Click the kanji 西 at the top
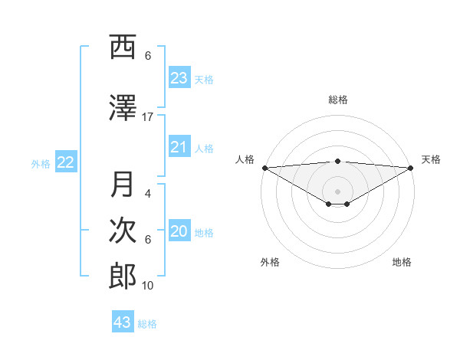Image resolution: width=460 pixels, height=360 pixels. click(123, 47)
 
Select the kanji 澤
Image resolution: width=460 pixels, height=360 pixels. click(123, 109)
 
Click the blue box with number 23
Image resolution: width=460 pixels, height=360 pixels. click(179, 77)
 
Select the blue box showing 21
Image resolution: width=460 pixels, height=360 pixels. click(179, 147)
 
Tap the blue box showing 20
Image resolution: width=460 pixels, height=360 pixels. click(179, 232)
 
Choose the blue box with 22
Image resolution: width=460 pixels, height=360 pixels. click(66, 162)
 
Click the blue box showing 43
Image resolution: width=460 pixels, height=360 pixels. click(123, 322)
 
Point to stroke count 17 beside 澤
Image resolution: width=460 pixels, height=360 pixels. click(148, 117)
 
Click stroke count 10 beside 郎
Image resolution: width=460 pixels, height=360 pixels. click(148, 286)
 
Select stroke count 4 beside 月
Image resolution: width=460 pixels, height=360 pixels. click(148, 194)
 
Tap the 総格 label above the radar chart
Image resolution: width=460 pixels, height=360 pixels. click(337, 100)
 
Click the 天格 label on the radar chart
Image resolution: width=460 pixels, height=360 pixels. click(431, 159)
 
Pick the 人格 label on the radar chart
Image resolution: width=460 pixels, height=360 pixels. click(245, 159)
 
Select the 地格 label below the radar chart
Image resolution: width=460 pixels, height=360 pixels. click(402, 262)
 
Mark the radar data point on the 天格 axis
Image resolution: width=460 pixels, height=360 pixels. click(411, 168)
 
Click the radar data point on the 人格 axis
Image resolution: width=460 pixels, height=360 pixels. click(264, 168)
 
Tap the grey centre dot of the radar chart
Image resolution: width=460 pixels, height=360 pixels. click(337, 191)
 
